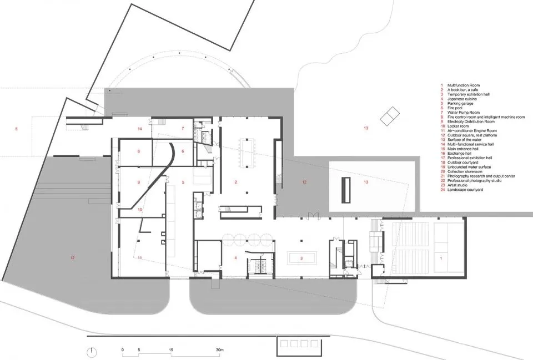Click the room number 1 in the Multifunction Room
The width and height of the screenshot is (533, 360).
[441, 258]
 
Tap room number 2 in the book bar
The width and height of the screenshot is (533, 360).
[235, 182]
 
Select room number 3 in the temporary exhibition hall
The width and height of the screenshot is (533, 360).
[301, 258]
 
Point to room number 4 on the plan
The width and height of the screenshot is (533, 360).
[235, 258]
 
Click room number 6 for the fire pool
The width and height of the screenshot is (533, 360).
[183, 151]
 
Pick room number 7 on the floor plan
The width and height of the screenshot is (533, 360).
[183, 128]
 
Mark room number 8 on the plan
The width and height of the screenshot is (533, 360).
[139, 151]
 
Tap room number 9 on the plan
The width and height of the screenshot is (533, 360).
[139, 182]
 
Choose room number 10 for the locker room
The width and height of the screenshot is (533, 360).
[140, 210]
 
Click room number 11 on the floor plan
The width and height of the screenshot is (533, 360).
[140, 258]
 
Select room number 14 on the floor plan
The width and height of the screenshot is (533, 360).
[140, 129]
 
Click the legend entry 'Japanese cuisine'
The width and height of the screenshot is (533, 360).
[462, 99]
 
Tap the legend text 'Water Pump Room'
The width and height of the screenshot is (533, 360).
[463, 113]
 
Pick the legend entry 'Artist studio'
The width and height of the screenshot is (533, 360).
[457, 185]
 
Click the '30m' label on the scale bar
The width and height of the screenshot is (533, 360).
[220, 350]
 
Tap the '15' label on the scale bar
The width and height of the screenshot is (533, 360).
[171, 350]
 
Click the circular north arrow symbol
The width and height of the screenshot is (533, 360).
[91, 352]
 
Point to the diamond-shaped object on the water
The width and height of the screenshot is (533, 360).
[390, 115]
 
